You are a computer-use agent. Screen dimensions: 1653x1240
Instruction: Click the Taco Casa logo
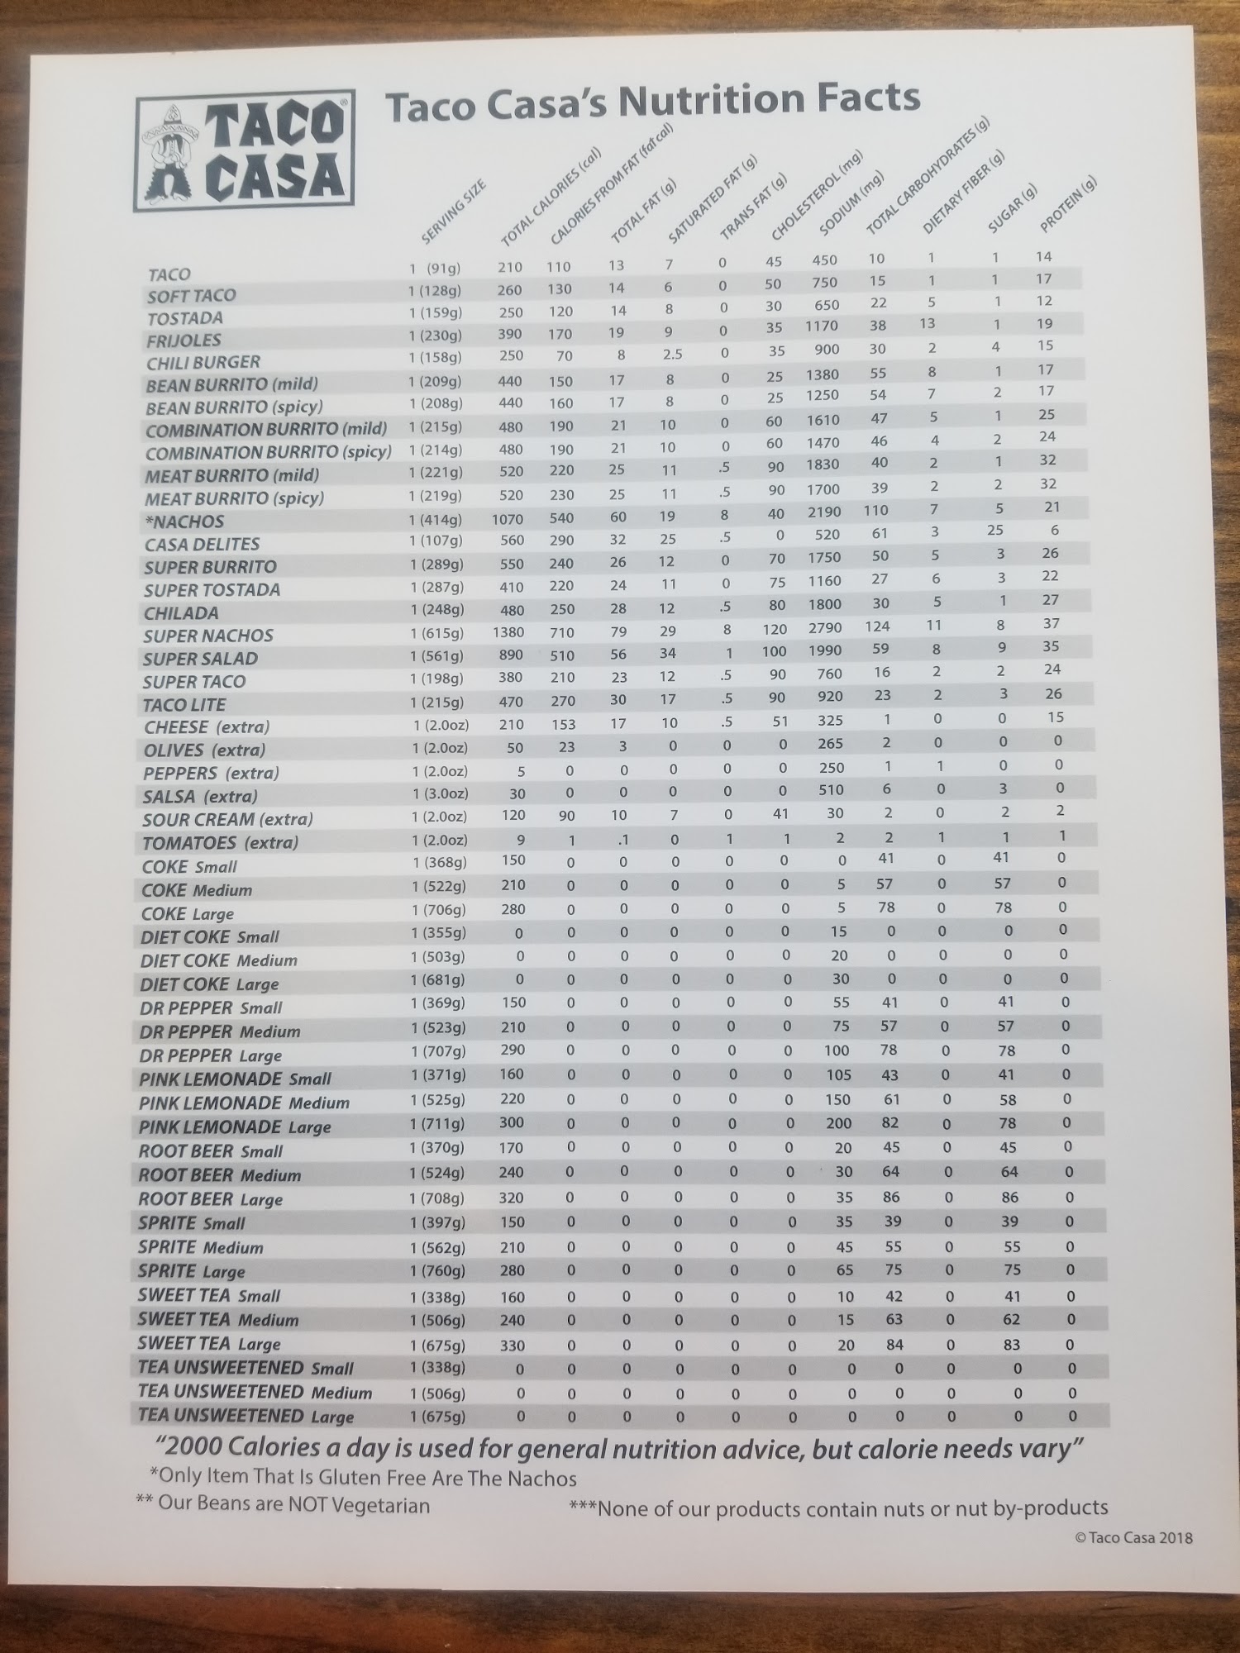click(x=244, y=151)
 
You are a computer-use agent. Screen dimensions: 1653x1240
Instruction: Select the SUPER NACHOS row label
click(x=207, y=636)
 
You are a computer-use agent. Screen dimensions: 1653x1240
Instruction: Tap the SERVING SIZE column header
click(x=453, y=212)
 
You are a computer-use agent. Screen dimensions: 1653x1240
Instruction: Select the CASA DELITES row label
click(x=202, y=544)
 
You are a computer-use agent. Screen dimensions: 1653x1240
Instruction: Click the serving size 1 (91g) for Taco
click(x=435, y=268)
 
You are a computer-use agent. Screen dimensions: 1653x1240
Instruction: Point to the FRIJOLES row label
click(x=184, y=340)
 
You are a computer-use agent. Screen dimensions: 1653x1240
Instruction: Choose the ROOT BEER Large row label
click(x=210, y=1199)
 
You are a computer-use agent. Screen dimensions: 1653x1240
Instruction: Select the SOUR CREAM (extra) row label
click(x=227, y=820)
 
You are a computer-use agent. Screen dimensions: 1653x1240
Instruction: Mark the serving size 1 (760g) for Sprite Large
click(x=438, y=1270)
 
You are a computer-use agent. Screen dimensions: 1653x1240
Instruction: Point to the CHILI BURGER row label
click(x=203, y=362)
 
